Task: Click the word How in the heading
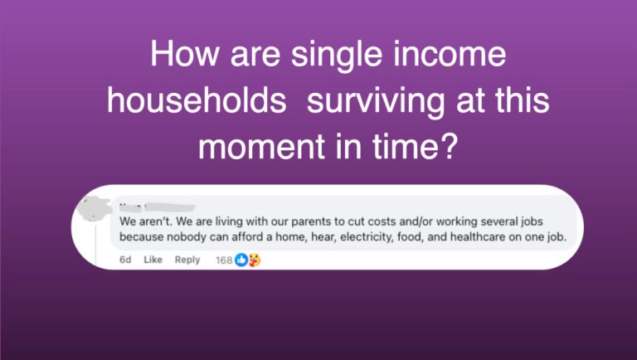[x=184, y=54]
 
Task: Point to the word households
[x=197, y=100]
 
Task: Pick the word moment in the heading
[x=262, y=147]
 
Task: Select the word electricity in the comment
[x=367, y=237]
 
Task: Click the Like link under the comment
[x=153, y=260]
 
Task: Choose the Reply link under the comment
[x=187, y=260]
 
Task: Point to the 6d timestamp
[x=125, y=260]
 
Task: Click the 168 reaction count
[x=224, y=260]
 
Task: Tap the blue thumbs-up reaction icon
[x=241, y=260]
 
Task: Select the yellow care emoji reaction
[x=255, y=260]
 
